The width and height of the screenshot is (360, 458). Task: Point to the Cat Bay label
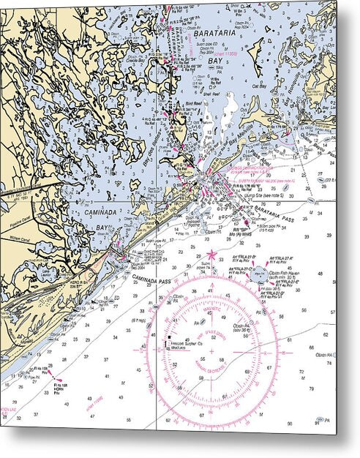tap(260, 86)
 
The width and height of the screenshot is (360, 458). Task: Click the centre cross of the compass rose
tap(212, 351)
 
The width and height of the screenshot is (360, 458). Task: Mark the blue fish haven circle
tap(258, 275)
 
